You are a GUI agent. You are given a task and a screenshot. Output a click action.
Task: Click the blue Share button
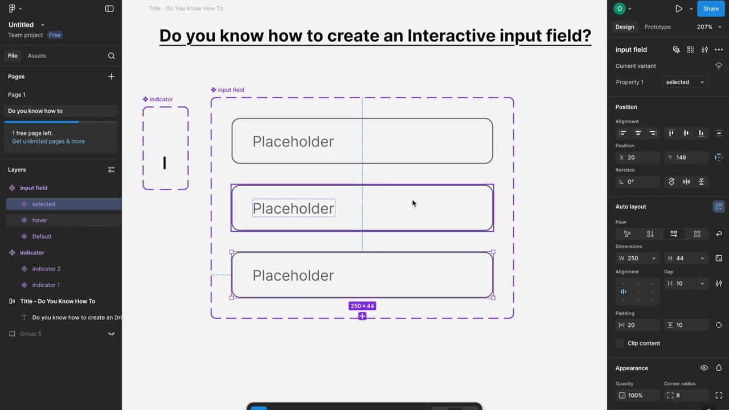(711, 9)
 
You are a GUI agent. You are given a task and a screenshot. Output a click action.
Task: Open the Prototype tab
(657, 27)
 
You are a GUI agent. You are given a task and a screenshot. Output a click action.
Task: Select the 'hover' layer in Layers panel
(40, 220)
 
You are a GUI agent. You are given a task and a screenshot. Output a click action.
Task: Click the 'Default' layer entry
(42, 236)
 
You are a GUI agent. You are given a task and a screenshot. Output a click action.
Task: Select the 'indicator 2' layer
(46, 269)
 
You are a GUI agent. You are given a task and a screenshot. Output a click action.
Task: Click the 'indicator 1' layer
(46, 285)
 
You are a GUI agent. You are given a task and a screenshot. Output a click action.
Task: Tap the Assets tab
(36, 56)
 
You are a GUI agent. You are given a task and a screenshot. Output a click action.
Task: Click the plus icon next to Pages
(111, 76)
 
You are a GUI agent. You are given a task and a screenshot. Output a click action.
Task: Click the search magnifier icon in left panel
(111, 56)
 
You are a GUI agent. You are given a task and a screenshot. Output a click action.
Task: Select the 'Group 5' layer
(31, 334)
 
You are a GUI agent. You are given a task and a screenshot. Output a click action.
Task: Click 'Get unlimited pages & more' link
(48, 141)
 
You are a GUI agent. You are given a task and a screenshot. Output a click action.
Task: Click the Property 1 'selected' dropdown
(685, 82)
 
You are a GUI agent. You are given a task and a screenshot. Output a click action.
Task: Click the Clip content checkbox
(620, 343)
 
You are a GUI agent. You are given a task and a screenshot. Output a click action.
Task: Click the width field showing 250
(637, 259)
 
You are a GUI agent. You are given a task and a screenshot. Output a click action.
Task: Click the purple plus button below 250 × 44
(362, 316)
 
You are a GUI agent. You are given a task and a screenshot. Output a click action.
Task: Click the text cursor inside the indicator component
(165, 163)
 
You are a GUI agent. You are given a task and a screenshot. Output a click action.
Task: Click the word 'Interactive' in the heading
(451, 35)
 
